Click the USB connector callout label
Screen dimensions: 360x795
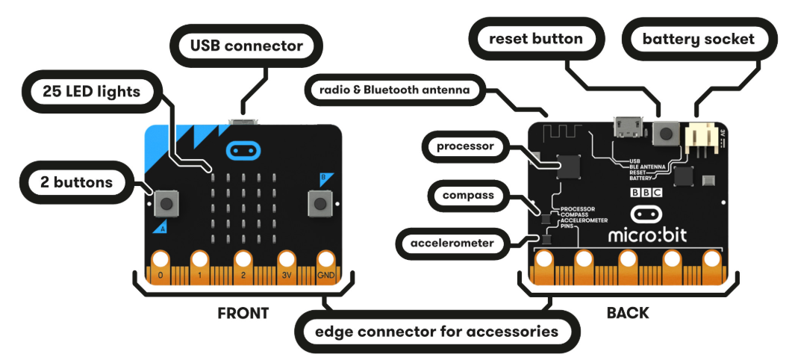tap(246, 46)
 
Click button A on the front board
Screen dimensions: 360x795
tap(168, 202)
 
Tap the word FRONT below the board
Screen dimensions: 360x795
tap(243, 313)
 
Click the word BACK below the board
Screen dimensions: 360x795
tap(628, 313)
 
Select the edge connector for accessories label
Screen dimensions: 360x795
tap(437, 330)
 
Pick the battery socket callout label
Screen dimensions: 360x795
tap(699, 39)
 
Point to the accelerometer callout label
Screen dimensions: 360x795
tap(452, 243)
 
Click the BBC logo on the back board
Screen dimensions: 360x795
tap(646, 192)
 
